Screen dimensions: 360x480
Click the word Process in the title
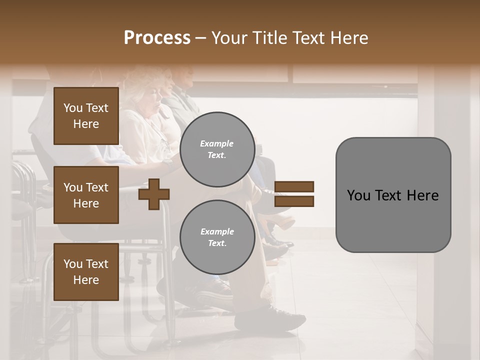157,38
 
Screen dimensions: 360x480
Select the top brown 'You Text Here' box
86,116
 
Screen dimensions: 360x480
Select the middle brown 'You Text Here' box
86,195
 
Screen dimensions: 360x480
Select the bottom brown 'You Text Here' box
86,271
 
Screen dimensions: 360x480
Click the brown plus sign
154,194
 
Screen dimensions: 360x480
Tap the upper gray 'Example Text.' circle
217,149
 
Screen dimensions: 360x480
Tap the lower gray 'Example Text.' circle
217,237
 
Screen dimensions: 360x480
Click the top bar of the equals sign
294,186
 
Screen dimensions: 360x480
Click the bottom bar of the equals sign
294,201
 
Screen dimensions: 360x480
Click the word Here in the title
349,38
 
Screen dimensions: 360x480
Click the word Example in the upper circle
217,143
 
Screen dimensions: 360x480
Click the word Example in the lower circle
217,231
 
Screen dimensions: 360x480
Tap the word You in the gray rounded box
358,195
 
